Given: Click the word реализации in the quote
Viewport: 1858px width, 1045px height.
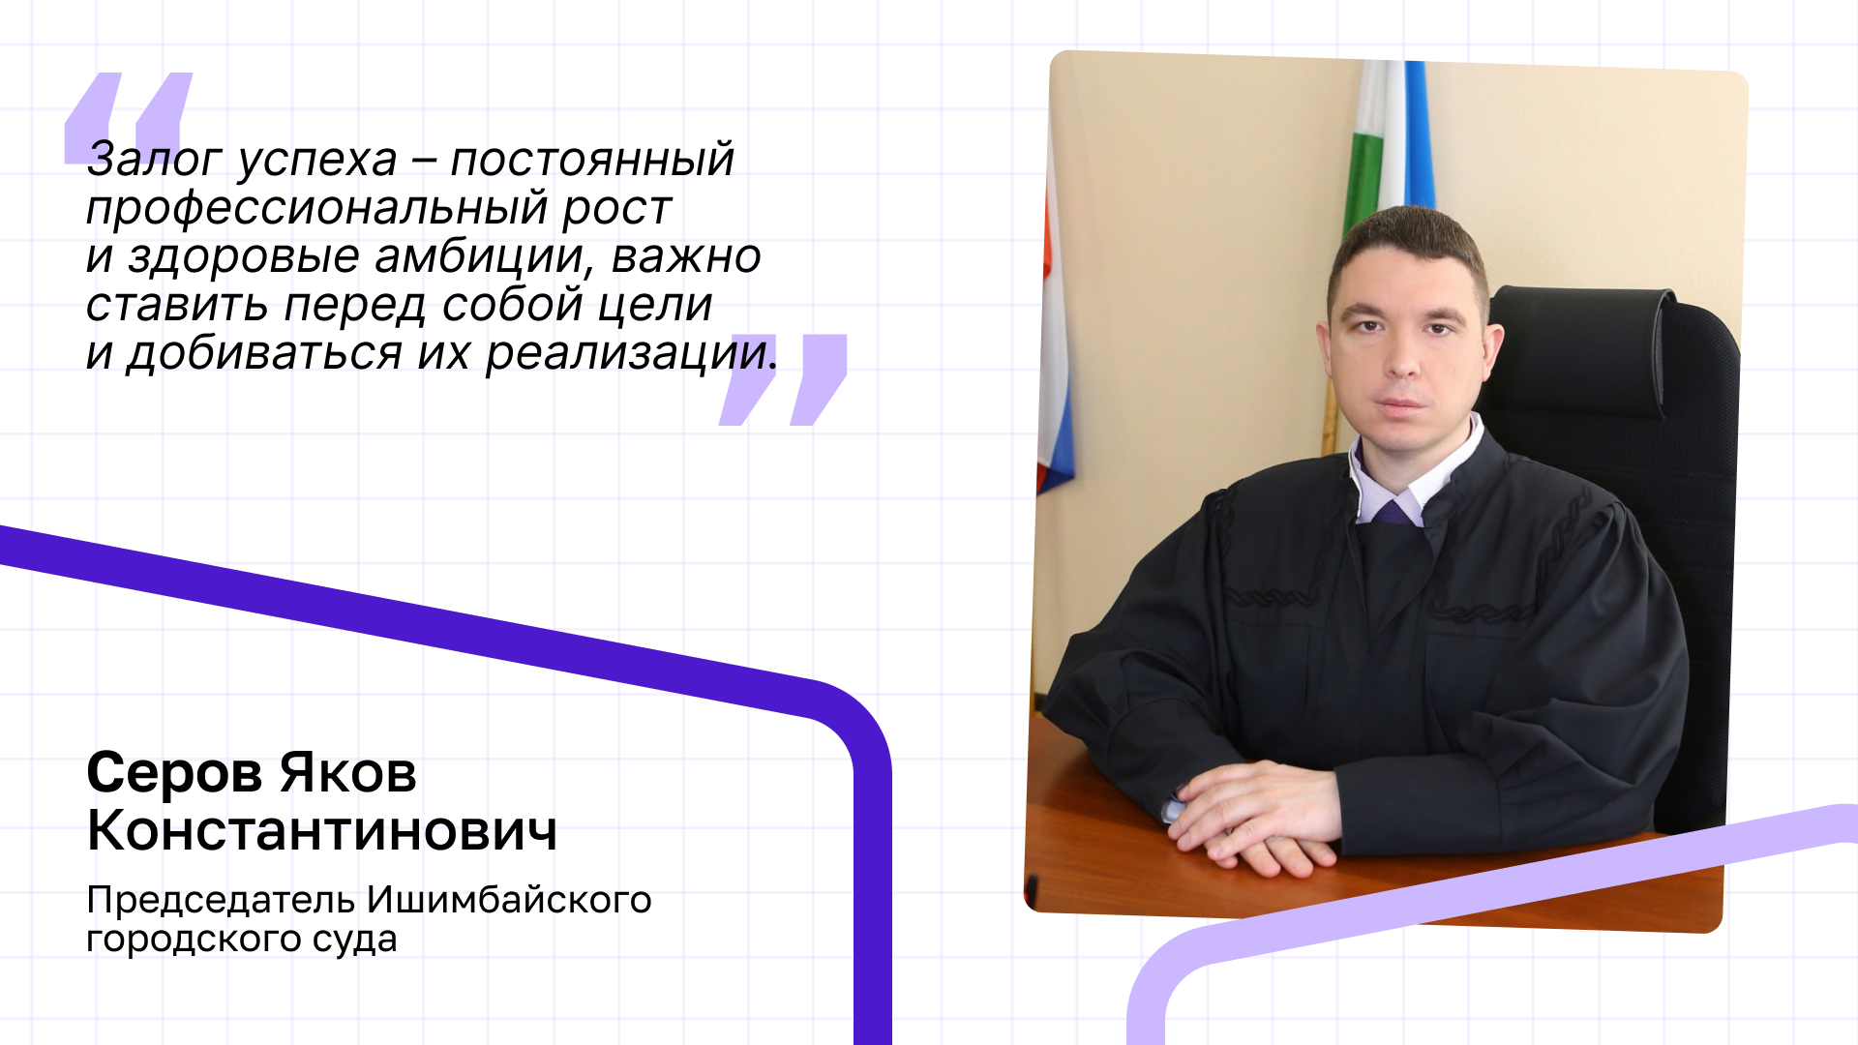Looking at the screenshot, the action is [x=631, y=354].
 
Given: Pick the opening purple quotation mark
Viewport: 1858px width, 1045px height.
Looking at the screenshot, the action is [x=129, y=118].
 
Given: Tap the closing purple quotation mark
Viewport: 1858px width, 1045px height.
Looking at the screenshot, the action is [x=783, y=379].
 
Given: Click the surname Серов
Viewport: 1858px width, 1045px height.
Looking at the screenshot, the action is [x=175, y=773].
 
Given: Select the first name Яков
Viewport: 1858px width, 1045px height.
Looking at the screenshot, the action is [x=348, y=773].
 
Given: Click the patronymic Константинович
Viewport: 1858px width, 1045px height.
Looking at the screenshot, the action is [x=322, y=831].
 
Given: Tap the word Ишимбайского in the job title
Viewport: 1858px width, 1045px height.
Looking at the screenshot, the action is [x=510, y=901].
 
